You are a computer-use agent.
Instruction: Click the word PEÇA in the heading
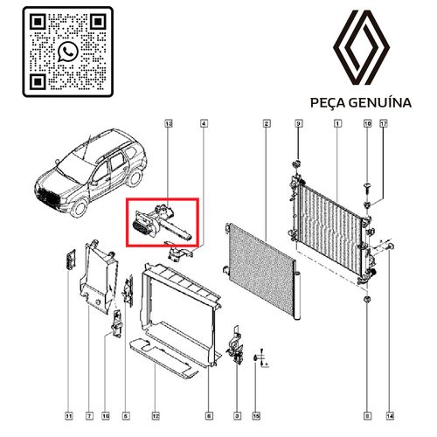pyautogui.click(x=329, y=103)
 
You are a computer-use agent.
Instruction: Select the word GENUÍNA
pyautogui.click(x=381, y=103)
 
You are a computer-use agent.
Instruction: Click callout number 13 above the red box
pyautogui.click(x=169, y=126)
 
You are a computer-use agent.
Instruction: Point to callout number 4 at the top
pyautogui.click(x=204, y=126)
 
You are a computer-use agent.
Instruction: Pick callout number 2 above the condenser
pyautogui.click(x=265, y=126)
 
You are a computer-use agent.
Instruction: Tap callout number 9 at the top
pyautogui.click(x=297, y=126)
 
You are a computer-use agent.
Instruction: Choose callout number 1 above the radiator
pyautogui.click(x=337, y=126)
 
